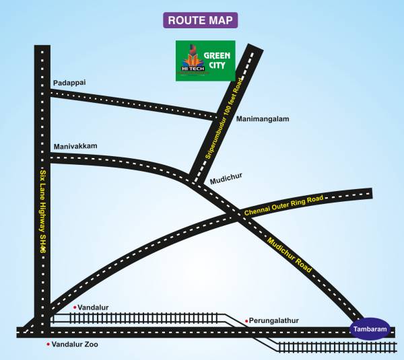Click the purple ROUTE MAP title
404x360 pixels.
pyautogui.click(x=200, y=20)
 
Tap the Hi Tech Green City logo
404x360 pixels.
pyautogui.click(x=205, y=61)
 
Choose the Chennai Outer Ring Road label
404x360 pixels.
pyautogui.click(x=284, y=205)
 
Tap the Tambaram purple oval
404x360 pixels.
pyautogui.click(x=370, y=328)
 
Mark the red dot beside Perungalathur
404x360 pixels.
pyautogui.click(x=247, y=321)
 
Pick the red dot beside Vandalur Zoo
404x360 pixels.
pyautogui.click(x=48, y=345)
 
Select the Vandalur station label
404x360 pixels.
pyautogui.click(x=93, y=308)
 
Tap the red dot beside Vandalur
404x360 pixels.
pyautogui.click(x=75, y=308)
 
